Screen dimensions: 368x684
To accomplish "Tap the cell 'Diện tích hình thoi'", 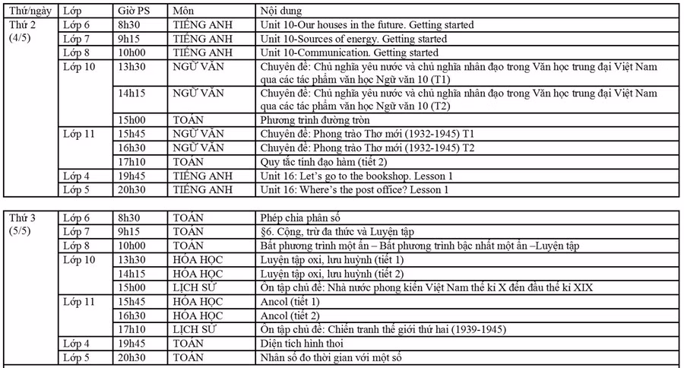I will click(296, 343).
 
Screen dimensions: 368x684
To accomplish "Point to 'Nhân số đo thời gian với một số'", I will click(330, 357).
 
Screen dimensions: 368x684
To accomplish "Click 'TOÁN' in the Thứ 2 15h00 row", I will click(188, 120).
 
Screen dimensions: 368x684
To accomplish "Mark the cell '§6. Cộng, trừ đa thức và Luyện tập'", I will click(336, 230).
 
